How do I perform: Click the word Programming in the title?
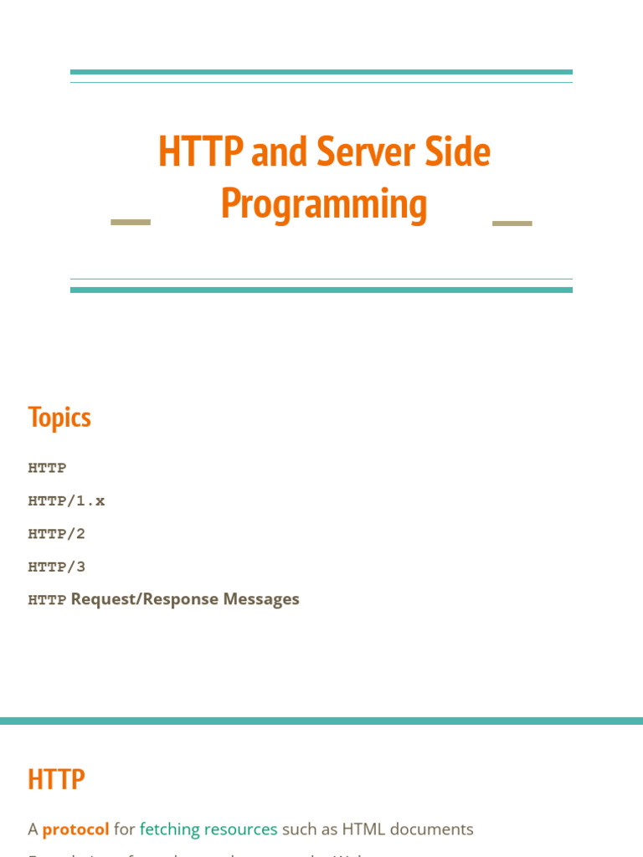tap(324, 204)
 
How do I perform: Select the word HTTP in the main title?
tap(200, 151)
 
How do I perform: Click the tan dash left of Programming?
tap(131, 223)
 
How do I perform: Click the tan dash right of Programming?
tap(512, 223)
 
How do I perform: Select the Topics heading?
tap(59, 417)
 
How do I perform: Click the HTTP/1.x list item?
tap(66, 501)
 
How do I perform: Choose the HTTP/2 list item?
tap(57, 534)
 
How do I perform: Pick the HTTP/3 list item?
tap(57, 567)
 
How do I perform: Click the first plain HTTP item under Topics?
tap(47, 468)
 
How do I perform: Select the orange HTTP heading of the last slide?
tap(56, 779)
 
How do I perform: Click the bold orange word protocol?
tap(75, 829)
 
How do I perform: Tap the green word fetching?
tap(169, 829)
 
